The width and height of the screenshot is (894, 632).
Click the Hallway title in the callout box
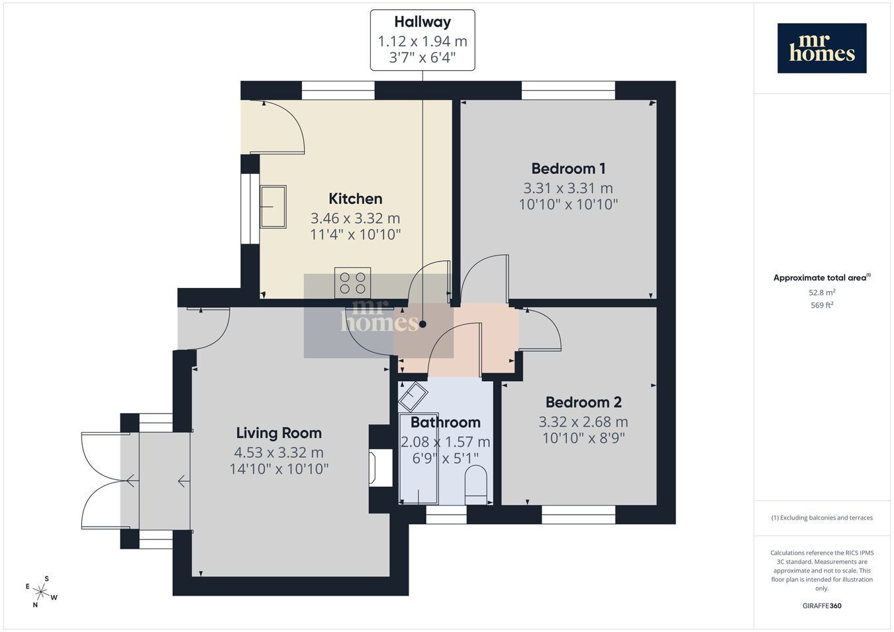click(422, 22)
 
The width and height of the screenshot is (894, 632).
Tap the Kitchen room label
click(355, 199)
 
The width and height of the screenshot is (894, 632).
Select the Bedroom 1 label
click(568, 169)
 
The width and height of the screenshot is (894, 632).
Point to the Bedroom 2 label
click(583, 402)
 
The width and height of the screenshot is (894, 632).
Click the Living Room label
click(279, 433)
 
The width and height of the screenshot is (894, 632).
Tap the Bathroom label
click(446, 422)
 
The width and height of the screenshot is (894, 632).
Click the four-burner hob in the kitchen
click(352, 283)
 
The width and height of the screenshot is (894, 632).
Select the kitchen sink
click(273, 206)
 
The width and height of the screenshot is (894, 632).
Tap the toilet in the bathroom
click(476, 486)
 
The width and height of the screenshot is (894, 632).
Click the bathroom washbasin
click(413, 396)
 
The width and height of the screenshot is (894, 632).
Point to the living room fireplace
click(380, 468)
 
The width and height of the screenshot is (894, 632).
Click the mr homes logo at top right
click(822, 48)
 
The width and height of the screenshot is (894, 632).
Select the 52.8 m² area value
click(822, 293)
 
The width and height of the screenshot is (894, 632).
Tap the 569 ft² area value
click(822, 305)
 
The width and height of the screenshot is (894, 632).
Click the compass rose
click(41, 592)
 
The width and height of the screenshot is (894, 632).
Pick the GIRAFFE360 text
click(822, 606)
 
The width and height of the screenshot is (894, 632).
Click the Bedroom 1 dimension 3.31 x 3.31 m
click(568, 188)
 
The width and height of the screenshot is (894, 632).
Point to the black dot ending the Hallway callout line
click(422, 324)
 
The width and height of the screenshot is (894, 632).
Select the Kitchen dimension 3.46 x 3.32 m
click(355, 218)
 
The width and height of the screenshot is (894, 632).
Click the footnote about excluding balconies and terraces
click(822, 518)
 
